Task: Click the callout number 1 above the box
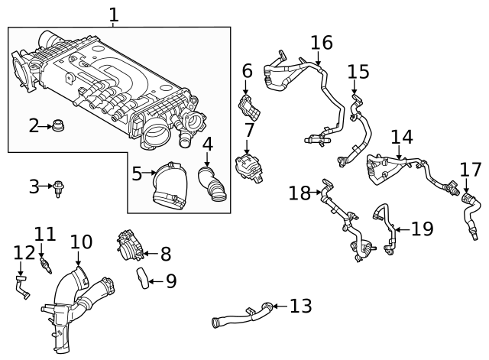(113, 15)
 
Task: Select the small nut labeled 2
(57, 126)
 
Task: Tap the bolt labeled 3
(58, 187)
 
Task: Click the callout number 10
(81, 242)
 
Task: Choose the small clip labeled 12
(22, 287)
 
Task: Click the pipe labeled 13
(240, 316)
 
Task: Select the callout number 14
(402, 138)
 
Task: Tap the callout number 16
(322, 43)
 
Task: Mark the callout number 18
(300, 193)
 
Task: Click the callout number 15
(358, 72)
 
